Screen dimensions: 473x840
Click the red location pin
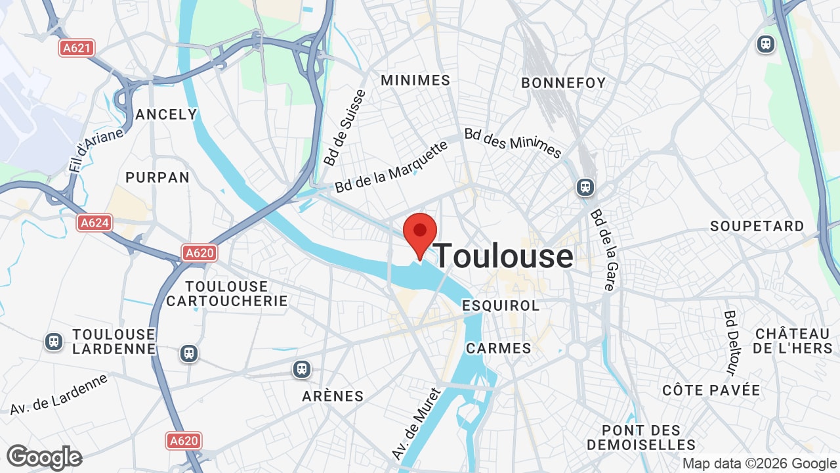(420, 234)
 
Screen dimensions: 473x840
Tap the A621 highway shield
(77, 48)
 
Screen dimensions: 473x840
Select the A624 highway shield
(94, 223)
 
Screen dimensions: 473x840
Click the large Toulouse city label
(504, 256)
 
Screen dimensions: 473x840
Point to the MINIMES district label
(415, 80)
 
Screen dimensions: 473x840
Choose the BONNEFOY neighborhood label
(563, 83)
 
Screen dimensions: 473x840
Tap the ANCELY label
(166, 114)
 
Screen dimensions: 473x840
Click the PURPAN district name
(157, 177)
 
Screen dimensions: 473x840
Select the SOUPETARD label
(757, 226)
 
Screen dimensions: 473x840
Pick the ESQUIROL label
(501, 305)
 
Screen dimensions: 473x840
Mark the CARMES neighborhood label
(499, 348)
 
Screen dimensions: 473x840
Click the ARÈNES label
(333, 396)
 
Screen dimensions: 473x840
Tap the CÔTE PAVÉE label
(711, 390)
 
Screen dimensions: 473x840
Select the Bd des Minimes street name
(513, 143)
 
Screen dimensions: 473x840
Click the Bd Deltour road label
(732, 342)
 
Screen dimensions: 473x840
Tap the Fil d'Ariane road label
(96, 150)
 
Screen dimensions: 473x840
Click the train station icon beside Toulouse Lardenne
(54, 342)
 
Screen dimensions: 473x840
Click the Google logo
(44, 458)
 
